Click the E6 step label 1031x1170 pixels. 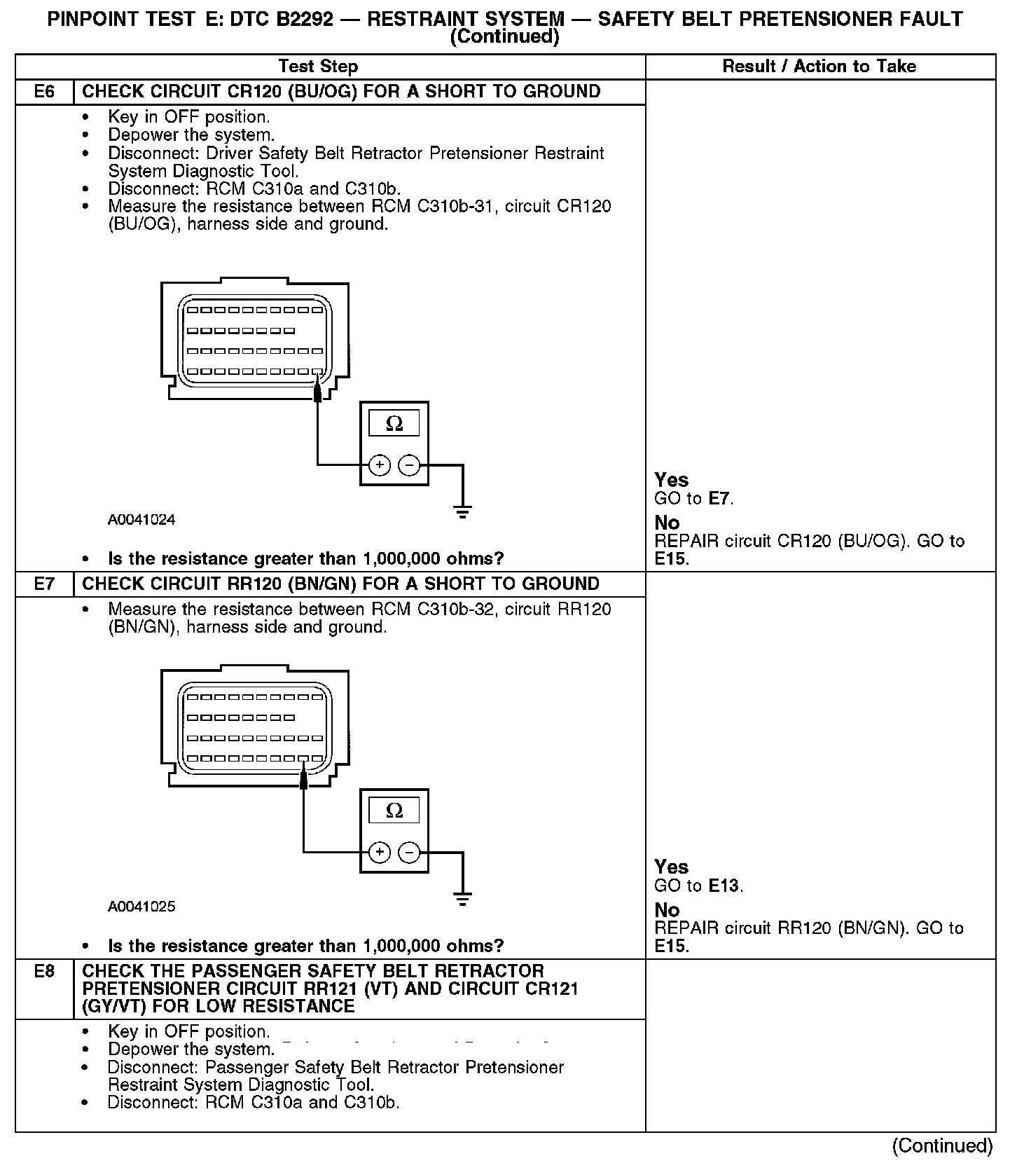point(43,92)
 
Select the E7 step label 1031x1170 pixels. point(43,584)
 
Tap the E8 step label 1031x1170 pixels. point(43,972)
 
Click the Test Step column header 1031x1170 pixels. point(318,67)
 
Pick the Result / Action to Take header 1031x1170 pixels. point(819,67)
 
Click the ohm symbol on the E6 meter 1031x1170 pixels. point(394,424)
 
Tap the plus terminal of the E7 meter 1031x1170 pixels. point(379,852)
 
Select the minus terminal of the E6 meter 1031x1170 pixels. point(409,464)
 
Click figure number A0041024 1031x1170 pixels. point(141,520)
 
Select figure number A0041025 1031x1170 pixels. point(141,907)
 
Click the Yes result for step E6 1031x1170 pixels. point(671,480)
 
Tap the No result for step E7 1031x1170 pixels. point(667,910)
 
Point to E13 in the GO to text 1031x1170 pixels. point(724,886)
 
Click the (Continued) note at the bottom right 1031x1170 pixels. point(942,1145)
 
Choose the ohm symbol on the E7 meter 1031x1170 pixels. point(394,811)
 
